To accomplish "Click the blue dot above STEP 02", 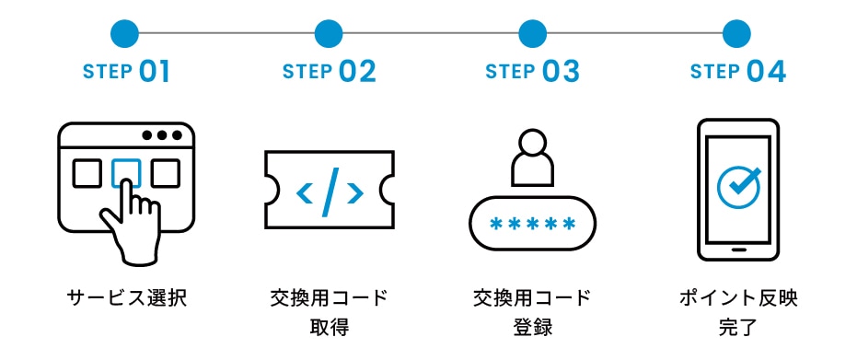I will pos(328,34).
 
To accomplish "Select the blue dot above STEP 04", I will pos(736,34).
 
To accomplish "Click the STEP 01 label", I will pos(127,72).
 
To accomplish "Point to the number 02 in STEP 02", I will pos(357,72).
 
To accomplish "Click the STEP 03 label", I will pos(532,72).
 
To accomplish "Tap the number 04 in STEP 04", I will pos(767,72).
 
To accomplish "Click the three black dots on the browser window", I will pos(162,135).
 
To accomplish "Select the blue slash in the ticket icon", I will pos(329,192).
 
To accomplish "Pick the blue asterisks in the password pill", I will pos(532,224).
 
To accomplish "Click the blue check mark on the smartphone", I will pos(739,186).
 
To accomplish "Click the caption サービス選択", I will pos(127,298).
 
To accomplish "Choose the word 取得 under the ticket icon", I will pos(329,328).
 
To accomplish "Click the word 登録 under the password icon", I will pos(532,328).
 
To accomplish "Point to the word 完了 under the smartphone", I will pos(737,328).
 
